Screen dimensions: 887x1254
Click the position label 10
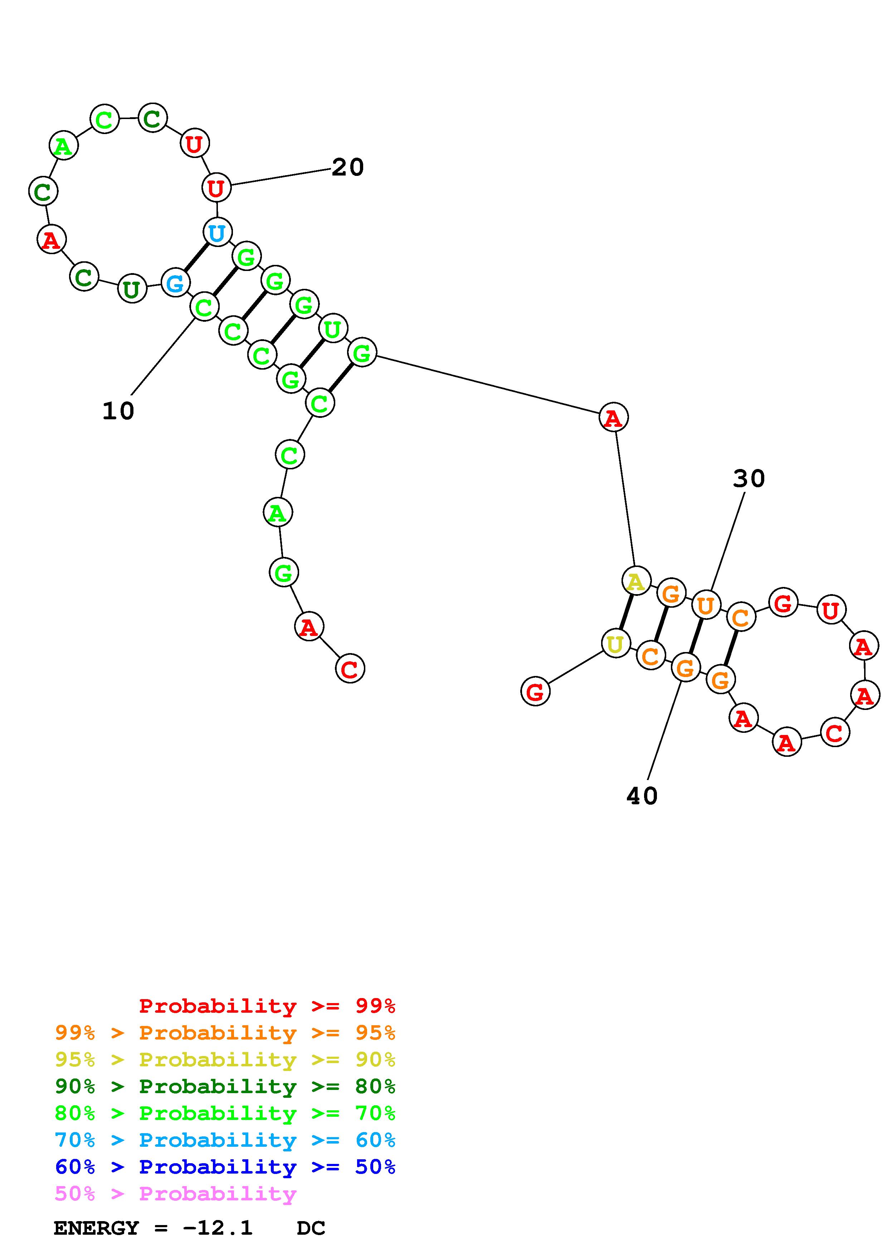pos(118,411)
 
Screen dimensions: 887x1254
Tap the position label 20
pos(347,167)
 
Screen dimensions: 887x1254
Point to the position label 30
pos(749,478)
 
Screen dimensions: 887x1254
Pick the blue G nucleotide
pos(175,283)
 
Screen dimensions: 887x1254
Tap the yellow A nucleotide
pos(635,581)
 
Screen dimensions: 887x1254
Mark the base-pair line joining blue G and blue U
pos(196,257)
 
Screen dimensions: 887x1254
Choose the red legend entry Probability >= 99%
pos(267,1006)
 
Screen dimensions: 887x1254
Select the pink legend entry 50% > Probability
pos(175,1193)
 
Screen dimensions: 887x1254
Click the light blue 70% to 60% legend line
pos(225,1140)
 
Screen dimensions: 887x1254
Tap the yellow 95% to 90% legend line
pos(225,1060)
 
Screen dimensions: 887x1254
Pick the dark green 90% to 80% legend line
pos(225,1086)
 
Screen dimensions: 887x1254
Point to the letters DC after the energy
pos(311,1228)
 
